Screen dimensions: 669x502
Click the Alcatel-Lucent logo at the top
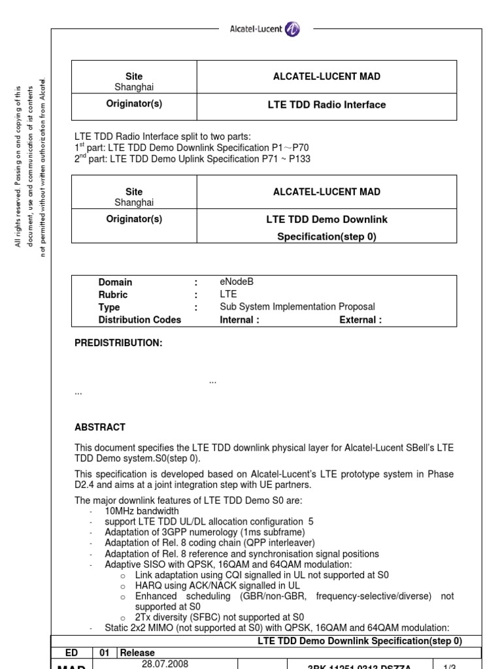264,29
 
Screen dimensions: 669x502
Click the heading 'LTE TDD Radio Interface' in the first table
326,105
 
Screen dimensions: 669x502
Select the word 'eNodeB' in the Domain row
237,282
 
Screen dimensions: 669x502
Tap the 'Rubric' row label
112,295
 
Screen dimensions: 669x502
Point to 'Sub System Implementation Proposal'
297,307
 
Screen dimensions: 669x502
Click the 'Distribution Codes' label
139,319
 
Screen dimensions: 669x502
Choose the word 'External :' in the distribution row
360,319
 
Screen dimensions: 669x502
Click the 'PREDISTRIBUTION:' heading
118,343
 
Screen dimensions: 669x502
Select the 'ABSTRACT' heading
100,427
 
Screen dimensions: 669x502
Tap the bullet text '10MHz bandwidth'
141,510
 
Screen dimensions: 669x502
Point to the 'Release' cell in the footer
137,653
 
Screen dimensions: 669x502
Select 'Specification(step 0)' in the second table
326,237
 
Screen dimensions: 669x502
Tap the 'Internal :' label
239,319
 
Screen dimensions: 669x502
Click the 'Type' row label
109,307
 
